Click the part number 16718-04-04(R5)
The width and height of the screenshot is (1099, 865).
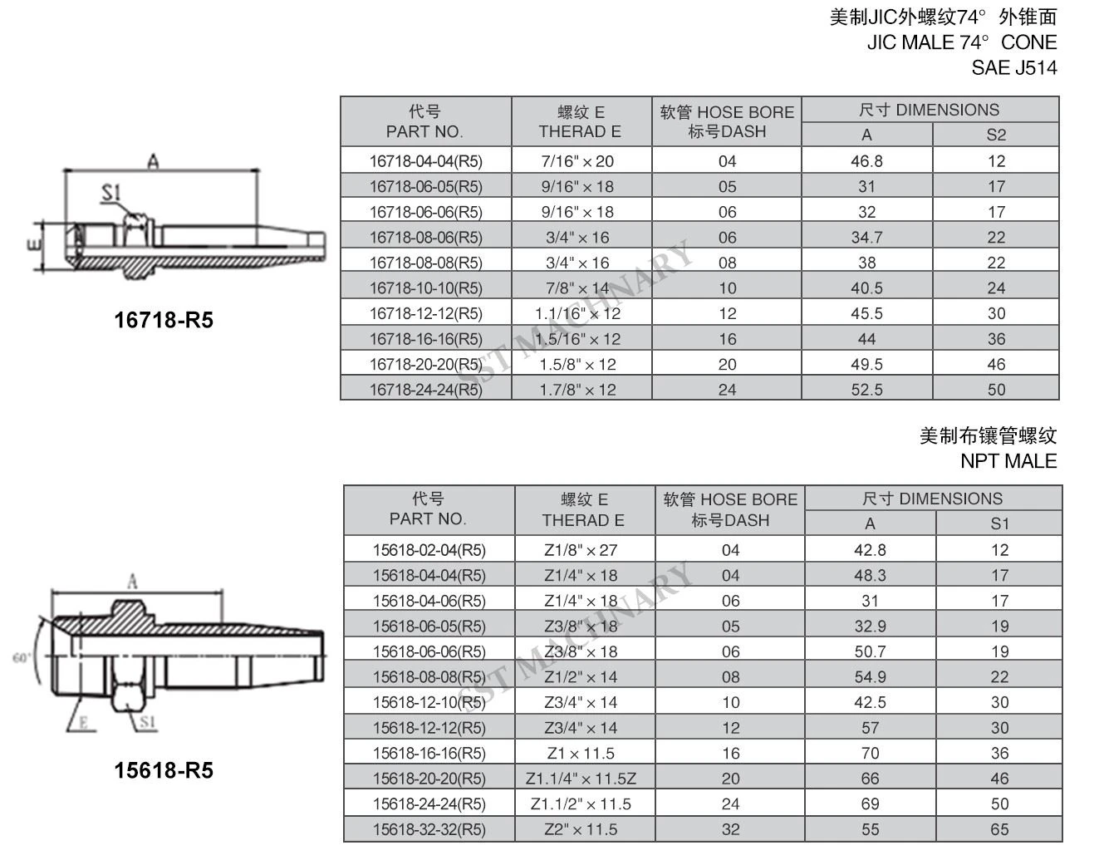(426, 161)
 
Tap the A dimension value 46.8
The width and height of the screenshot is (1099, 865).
(866, 161)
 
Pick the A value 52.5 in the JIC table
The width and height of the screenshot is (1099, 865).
(866, 390)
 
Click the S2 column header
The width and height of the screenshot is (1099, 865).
(996, 135)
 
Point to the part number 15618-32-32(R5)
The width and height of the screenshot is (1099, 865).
(429, 829)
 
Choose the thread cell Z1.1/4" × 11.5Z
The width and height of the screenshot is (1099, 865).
(581, 779)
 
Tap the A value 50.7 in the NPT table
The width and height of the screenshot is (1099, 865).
(871, 651)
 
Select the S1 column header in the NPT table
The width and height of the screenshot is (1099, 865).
(999, 523)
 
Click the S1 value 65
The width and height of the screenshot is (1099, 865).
(999, 829)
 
